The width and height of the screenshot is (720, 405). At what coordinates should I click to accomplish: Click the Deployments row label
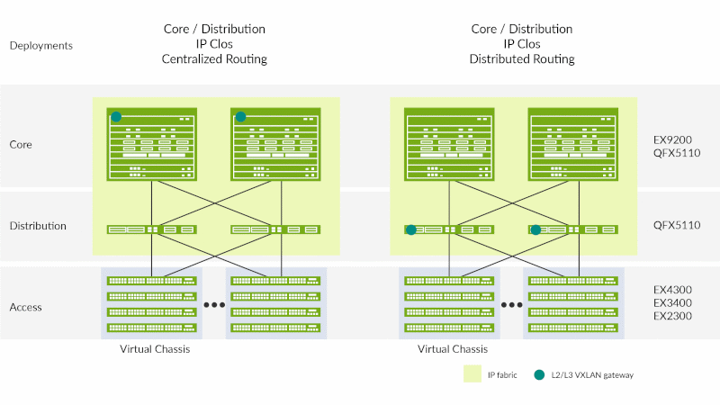(41, 45)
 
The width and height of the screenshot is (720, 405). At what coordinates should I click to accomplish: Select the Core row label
(22, 144)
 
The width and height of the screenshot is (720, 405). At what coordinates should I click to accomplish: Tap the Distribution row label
(38, 226)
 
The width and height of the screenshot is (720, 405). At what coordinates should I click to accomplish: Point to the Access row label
(26, 307)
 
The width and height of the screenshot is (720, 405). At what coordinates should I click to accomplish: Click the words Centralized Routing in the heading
(215, 59)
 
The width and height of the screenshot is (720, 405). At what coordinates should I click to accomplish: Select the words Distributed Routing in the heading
(522, 59)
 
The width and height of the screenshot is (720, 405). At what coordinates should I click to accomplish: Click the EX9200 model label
(673, 140)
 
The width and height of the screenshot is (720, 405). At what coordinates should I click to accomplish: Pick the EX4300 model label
(673, 291)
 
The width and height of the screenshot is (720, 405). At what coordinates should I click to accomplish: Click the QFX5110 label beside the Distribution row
(677, 225)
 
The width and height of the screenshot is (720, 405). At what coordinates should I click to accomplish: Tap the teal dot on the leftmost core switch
(116, 116)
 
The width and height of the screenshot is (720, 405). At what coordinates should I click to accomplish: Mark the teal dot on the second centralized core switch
(240, 116)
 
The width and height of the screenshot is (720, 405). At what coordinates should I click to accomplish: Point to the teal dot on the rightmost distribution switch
(535, 229)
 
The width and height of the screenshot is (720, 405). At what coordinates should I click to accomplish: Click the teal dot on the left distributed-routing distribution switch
(411, 229)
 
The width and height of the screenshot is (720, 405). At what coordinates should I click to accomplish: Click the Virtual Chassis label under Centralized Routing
(155, 349)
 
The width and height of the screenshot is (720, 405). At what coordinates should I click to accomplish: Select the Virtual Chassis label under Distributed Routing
(453, 349)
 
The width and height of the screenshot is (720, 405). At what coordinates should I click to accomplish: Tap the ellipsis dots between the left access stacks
(214, 305)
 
